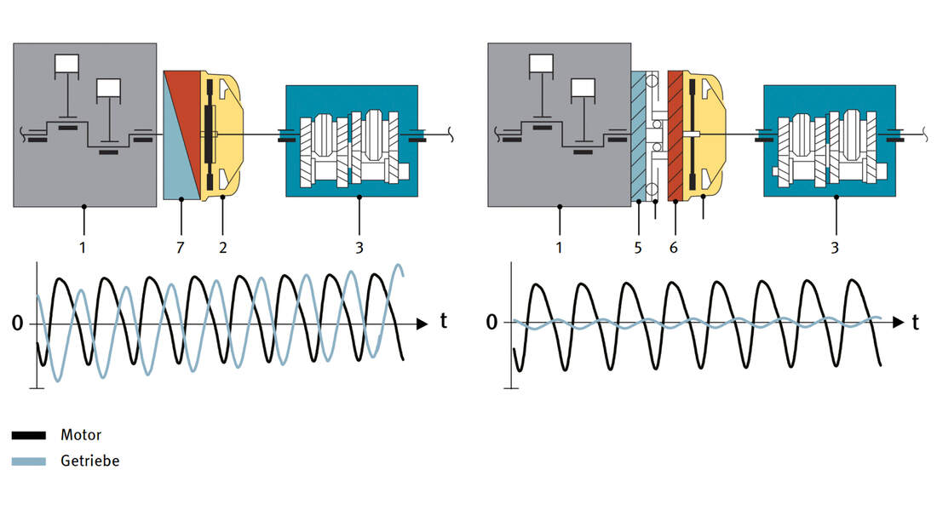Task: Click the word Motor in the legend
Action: (x=81, y=435)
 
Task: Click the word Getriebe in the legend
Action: (x=89, y=461)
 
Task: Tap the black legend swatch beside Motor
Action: (x=29, y=435)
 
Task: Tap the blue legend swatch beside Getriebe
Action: (x=29, y=461)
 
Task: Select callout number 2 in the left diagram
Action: (x=223, y=248)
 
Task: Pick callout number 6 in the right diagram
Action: (x=675, y=248)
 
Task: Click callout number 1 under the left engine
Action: (x=83, y=248)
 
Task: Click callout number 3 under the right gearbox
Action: (x=835, y=248)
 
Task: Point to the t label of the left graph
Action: (x=444, y=322)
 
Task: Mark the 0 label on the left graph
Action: (x=18, y=324)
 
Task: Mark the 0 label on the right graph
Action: (x=491, y=322)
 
